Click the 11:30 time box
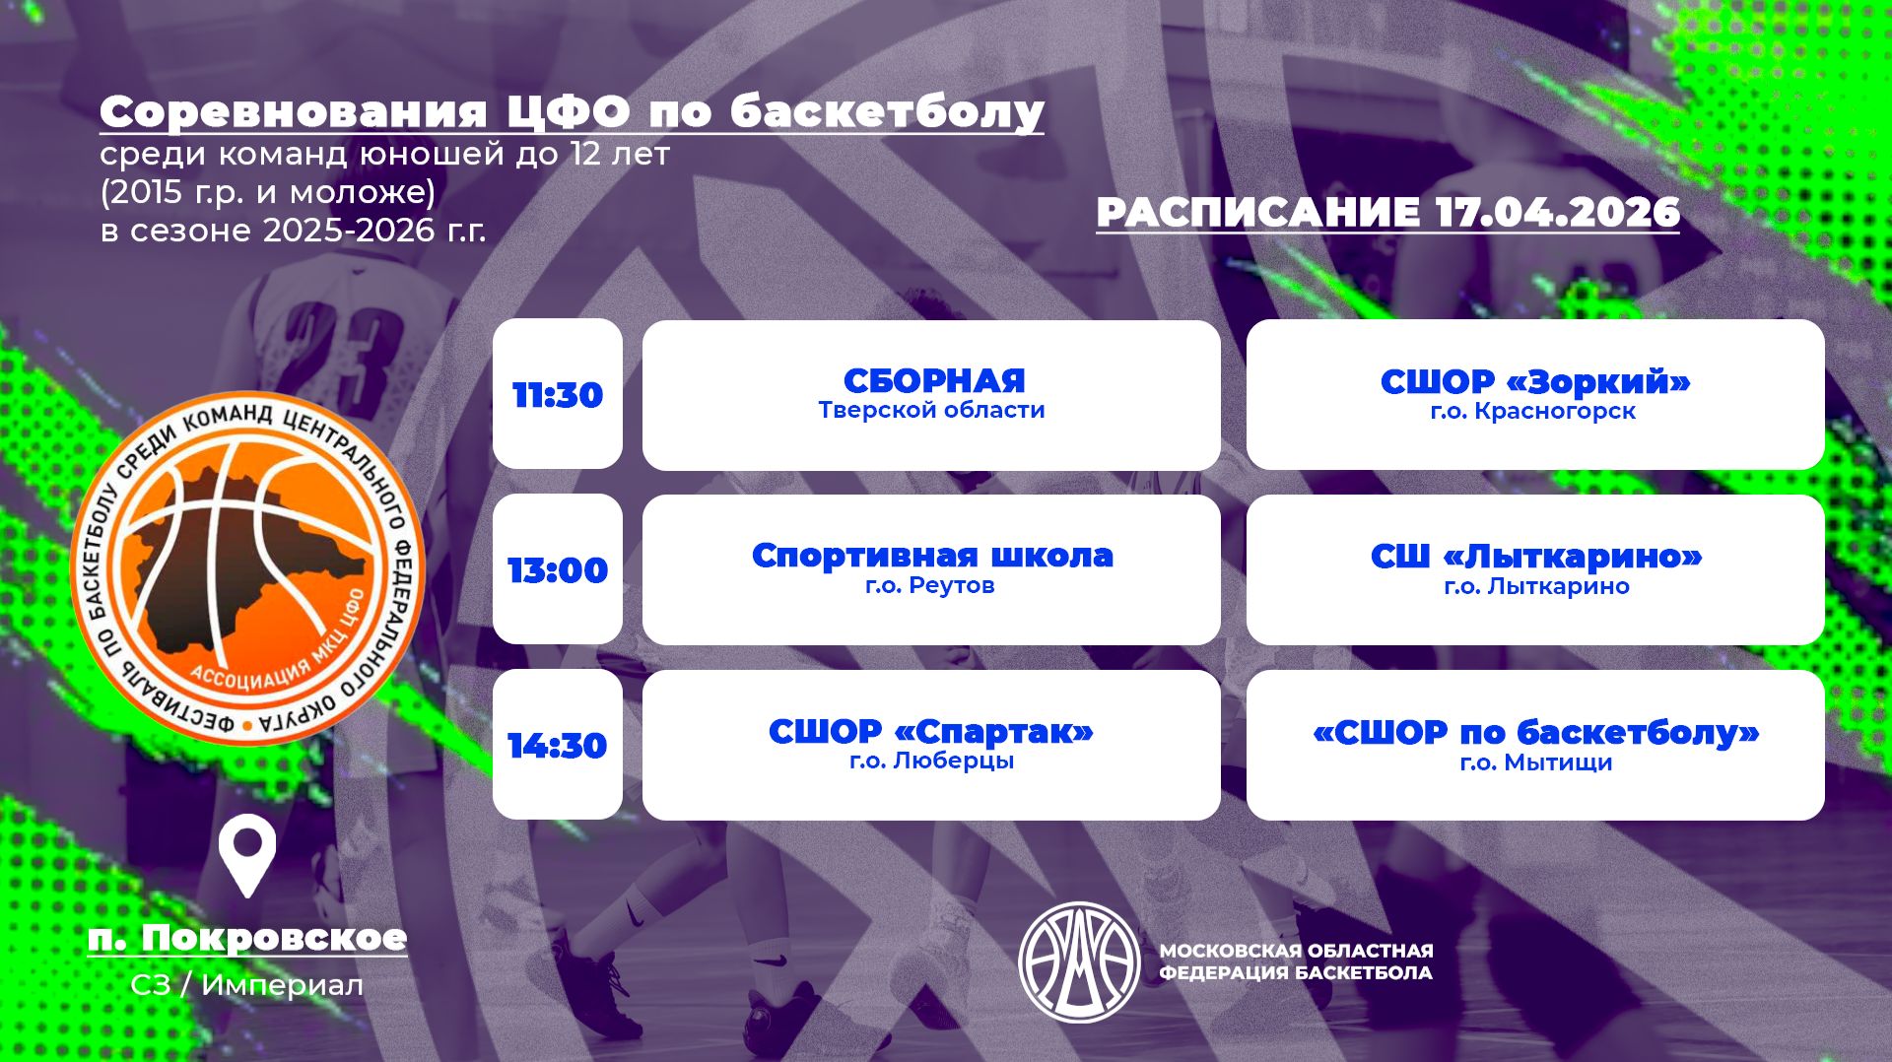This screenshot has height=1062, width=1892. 558,395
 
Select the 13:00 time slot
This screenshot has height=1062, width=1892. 558,570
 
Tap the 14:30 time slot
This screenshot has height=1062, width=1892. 558,746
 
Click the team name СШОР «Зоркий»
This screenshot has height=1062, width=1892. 1534,381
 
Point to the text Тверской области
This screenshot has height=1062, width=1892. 931,410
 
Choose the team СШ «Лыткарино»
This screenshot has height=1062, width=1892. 1535,557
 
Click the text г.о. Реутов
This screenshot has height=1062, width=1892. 930,585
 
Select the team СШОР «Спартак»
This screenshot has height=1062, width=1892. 931,731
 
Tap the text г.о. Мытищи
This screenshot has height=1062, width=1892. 1535,763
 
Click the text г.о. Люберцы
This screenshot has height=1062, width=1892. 931,761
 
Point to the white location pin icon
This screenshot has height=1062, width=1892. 246,857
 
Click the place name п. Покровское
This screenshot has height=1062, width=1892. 247,937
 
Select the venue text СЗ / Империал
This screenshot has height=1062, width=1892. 246,985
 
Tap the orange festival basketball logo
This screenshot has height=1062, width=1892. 246,568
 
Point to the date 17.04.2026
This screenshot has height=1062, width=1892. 1557,212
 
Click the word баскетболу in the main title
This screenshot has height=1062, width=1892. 886,112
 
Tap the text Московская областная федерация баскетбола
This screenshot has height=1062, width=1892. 1296,962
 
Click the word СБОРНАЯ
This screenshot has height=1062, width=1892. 933,380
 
